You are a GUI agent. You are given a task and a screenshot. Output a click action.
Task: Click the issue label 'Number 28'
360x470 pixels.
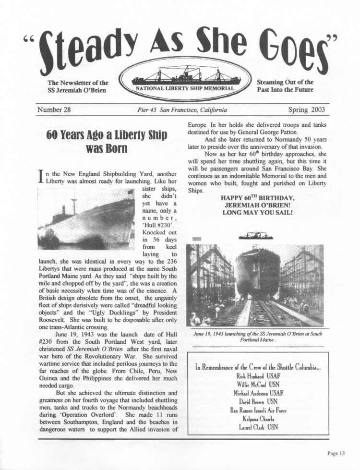tap(54, 109)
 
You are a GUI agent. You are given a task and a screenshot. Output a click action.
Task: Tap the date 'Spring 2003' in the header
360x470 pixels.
tap(306, 109)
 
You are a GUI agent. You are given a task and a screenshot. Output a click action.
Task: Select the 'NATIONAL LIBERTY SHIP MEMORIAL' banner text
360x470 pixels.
tap(184, 88)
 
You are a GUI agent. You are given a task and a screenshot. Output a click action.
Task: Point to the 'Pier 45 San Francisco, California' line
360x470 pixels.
tap(182, 110)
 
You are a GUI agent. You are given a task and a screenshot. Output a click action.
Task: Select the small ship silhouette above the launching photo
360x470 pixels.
tap(256, 235)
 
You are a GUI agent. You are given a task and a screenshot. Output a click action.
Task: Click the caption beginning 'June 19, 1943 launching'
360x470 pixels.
tap(258, 337)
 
